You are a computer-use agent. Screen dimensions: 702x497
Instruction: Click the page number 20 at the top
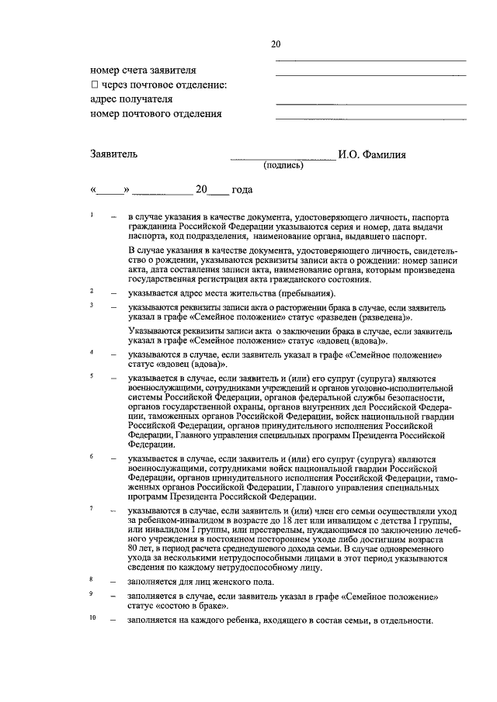pos(276,44)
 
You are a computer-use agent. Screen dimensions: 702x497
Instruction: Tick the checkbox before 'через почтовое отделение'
pos(94,85)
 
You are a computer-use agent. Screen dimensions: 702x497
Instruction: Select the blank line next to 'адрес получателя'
pos(370,103)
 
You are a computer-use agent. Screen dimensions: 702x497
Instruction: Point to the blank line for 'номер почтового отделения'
pos(370,118)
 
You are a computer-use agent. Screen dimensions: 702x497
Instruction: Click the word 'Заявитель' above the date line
pos(114,154)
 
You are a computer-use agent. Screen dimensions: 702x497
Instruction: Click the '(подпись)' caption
pos(283,166)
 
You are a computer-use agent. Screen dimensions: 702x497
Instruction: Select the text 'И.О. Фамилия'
pos(371,154)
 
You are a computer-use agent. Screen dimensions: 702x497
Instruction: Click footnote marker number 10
pos(92,618)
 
